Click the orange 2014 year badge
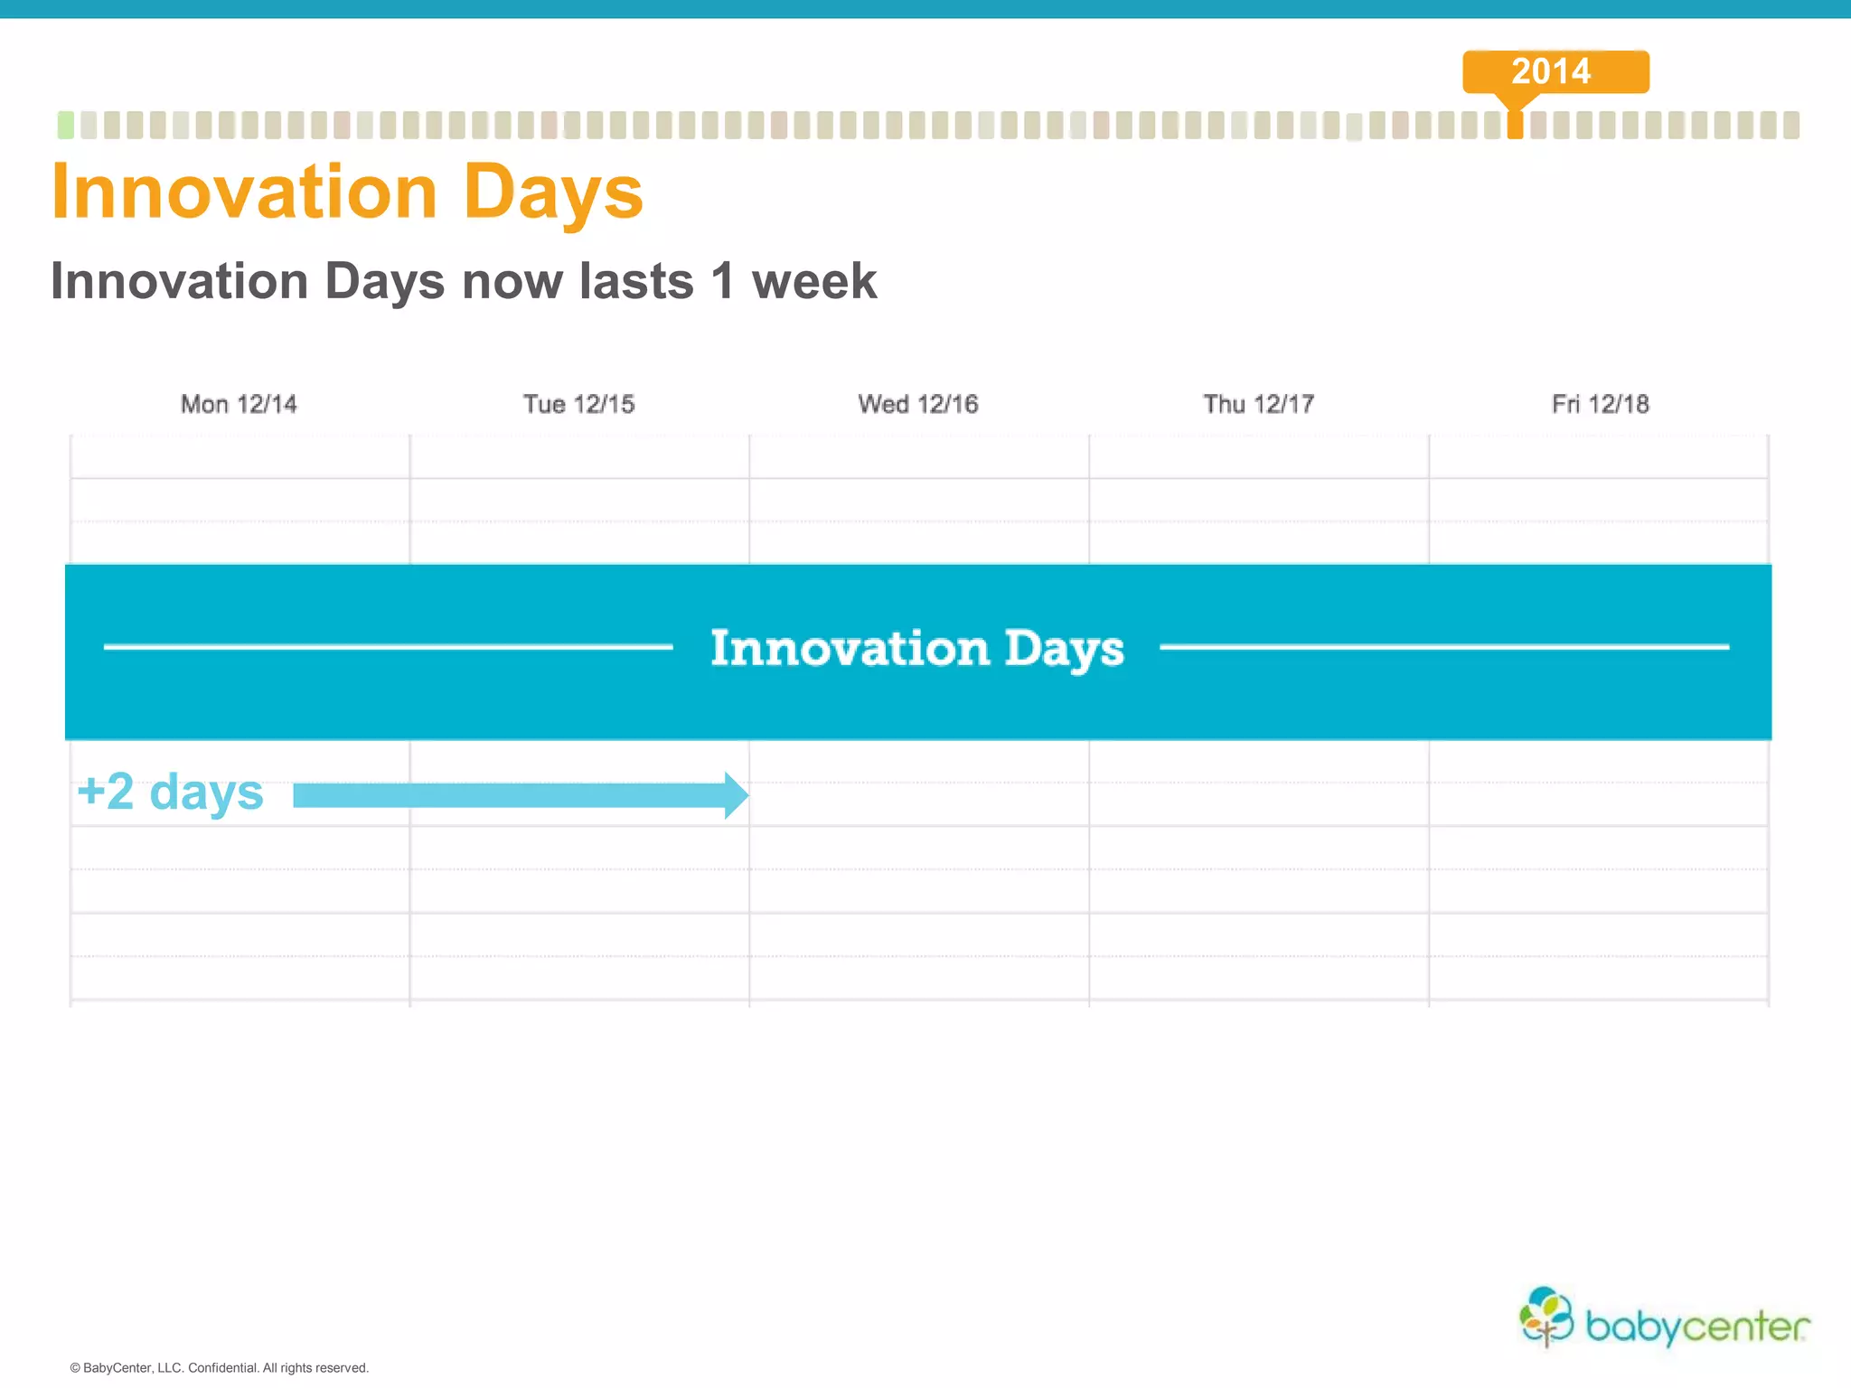point(1555,71)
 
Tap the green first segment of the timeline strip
point(65,125)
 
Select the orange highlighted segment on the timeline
point(1516,125)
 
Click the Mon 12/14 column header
point(239,404)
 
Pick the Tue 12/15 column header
point(578,404)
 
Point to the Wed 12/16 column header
point(918,404)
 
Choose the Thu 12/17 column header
point(1258,404)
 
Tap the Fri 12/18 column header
point(1600,404)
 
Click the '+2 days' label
point(170,792)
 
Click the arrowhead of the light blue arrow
point(736,795)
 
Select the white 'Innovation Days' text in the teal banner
point(917,649)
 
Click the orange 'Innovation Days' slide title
point(347,192)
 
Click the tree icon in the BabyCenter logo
point(1546,1317)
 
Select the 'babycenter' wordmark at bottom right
point(1697,1327)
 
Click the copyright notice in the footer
point(220,1368)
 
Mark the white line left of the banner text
point(389,647)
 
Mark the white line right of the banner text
point(1444,647)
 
